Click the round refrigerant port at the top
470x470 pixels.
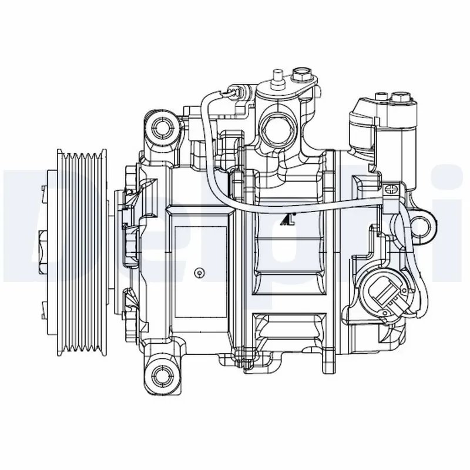tap(277, 126)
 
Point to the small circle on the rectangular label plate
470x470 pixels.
tap(200, 271)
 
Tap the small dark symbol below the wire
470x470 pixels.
tap(287, 220)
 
